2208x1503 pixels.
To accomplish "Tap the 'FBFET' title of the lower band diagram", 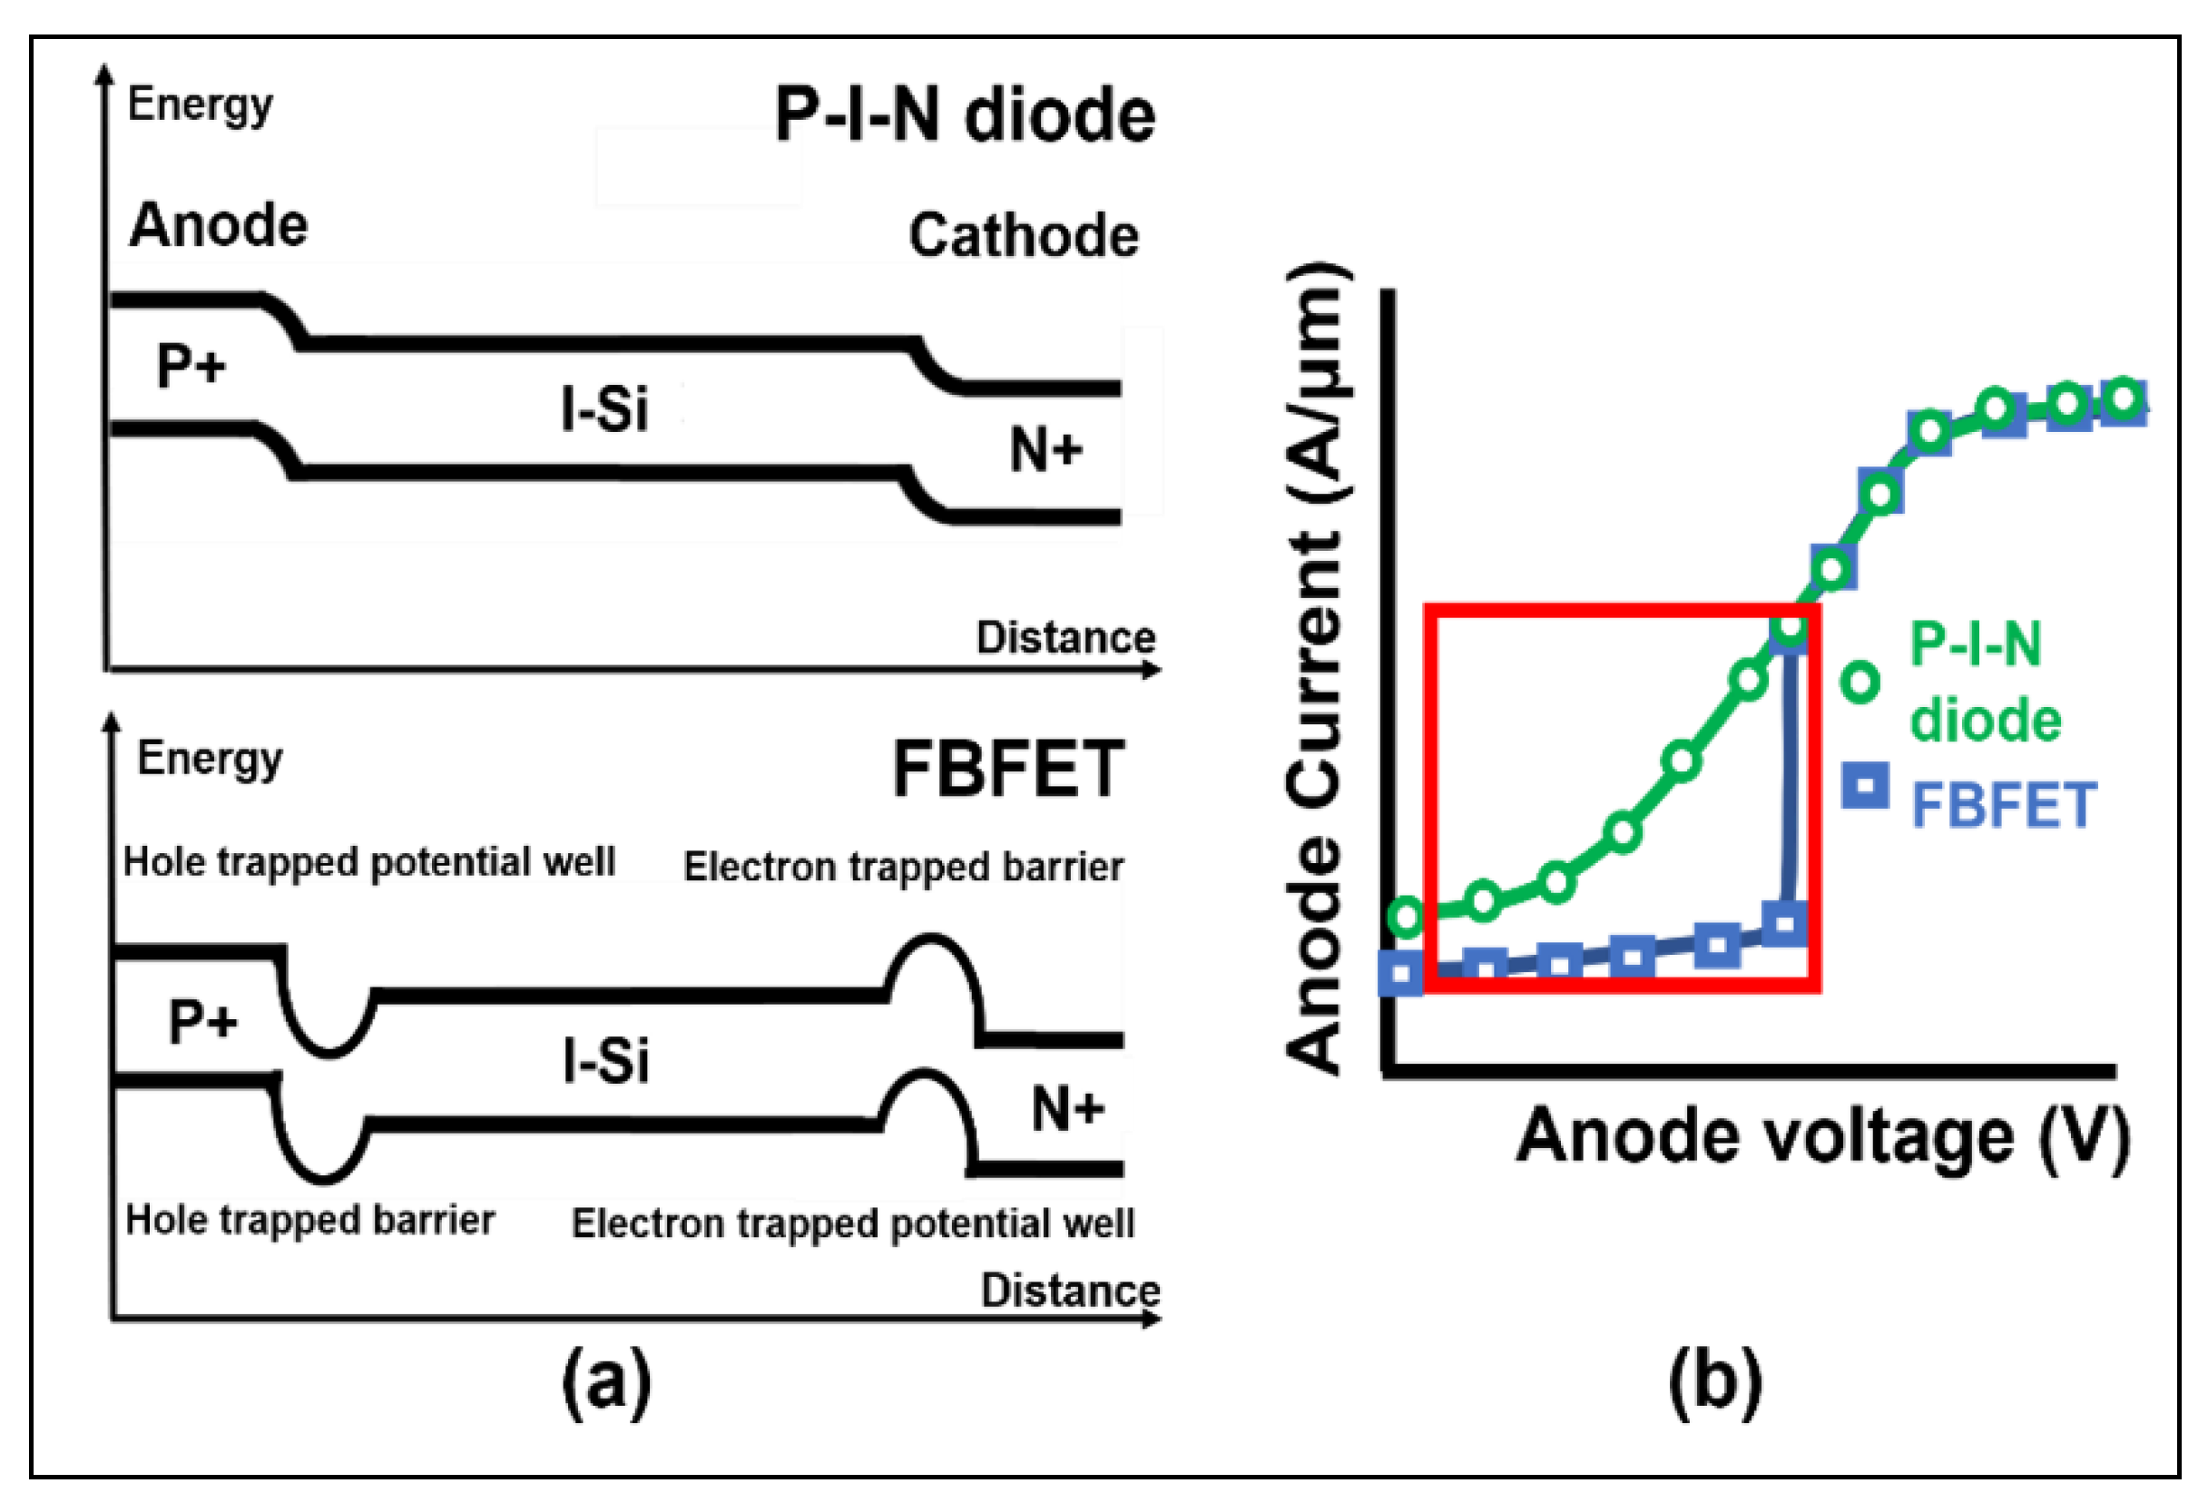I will [1008, 770].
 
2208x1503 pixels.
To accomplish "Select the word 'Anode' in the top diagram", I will [219, 226].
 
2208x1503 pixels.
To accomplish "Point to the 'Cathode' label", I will [1024, 236].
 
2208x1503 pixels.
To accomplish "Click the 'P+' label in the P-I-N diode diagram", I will [191, 366].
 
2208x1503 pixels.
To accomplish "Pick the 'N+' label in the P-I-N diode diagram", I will [1045, 449].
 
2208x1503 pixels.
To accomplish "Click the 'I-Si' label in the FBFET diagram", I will [605, 1061].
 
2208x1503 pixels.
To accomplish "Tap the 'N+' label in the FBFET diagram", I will [1067, 1109].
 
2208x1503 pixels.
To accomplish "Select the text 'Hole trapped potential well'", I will [369, 861].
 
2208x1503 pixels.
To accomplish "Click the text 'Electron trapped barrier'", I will [903, 867].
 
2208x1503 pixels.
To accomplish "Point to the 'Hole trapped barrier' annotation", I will [309, 1220].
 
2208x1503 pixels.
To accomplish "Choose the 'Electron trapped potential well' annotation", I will [852, 1223].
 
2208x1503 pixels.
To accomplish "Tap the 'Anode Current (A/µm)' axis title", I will [1318, 669].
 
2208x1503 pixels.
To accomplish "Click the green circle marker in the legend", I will [1860, 682].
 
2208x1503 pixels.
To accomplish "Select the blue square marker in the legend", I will [1864, 786].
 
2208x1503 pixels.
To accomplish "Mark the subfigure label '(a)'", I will [606, 1381].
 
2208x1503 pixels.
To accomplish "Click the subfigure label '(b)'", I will [1715, 1381].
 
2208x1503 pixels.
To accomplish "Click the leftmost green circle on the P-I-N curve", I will [1406, 916].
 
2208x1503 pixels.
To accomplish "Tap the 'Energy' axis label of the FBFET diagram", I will [209, 759].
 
